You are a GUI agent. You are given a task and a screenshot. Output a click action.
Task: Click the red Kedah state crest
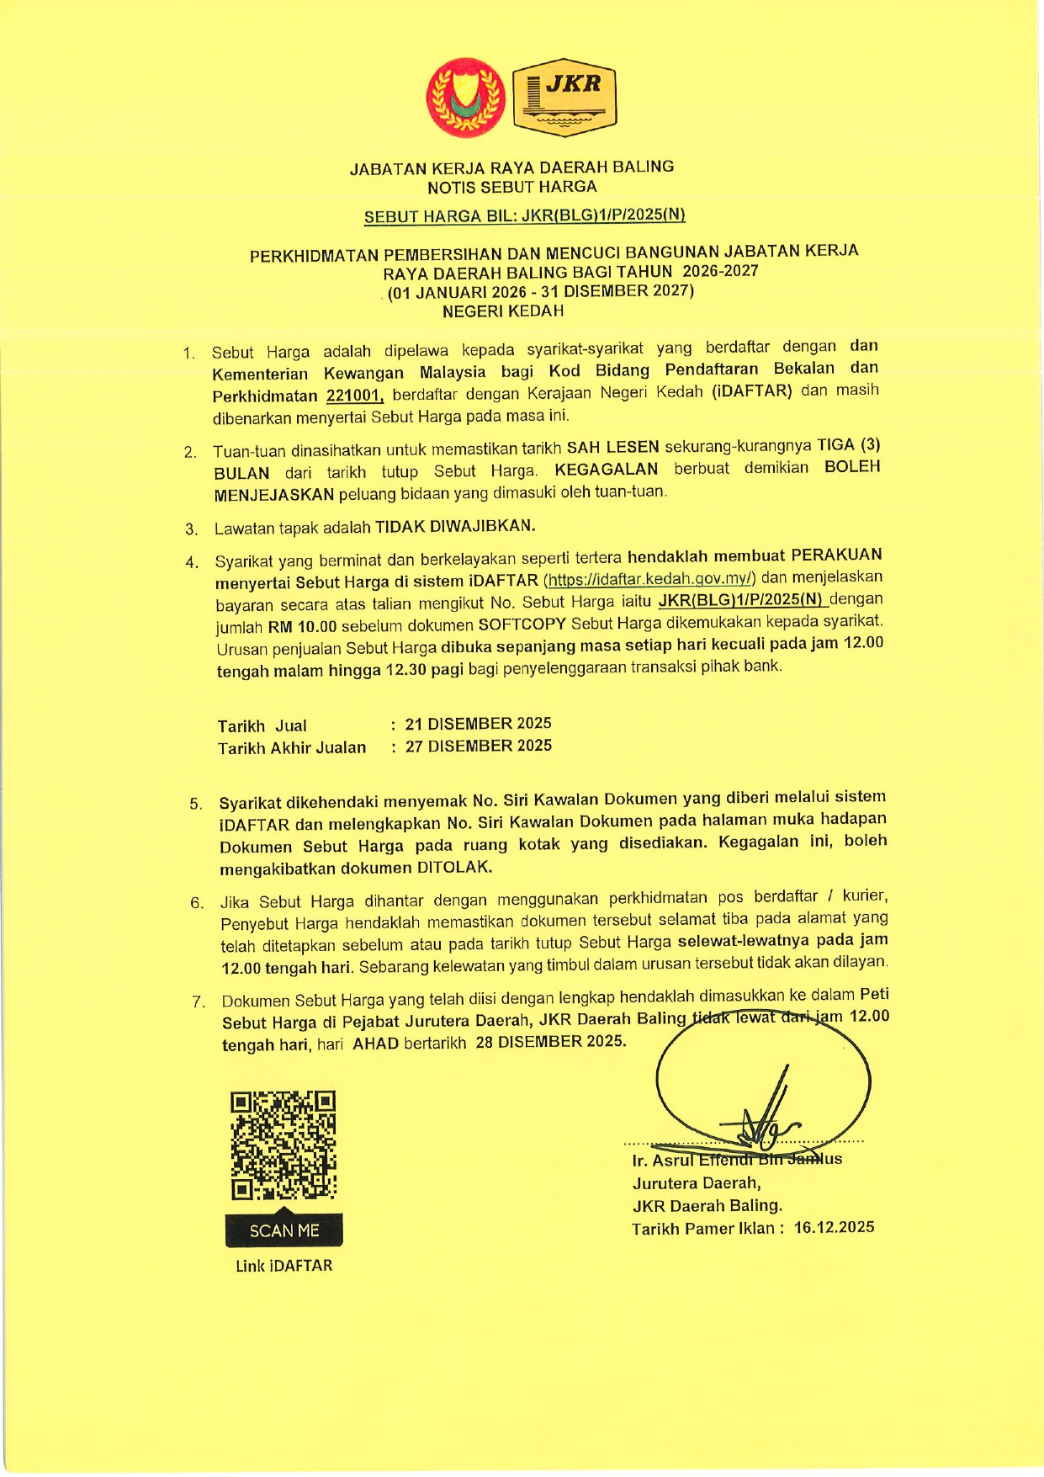pyautogui.click(x=465, y=97)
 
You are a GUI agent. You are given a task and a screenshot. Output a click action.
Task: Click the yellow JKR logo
pyautogui.click(x=564, y=97)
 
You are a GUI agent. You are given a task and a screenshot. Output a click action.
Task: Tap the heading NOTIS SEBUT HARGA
pyautogui.click(x=511, y=187)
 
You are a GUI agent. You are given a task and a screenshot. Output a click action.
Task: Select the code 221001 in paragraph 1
pyautogui.click(x=355, y=396)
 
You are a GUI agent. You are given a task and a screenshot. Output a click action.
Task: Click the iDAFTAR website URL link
pyautogui.click(x=650, y=579)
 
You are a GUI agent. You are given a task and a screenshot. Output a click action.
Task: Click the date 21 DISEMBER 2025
pyautogui.click(x=478, y=724)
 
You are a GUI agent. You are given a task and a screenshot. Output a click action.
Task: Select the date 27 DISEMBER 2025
pyautogui.click(x=478, y=746)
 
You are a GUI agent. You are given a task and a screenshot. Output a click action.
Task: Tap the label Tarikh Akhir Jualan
pyautogui.click(x=292, y=747)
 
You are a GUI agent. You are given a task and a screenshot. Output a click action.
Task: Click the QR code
pyautogui.click(x=284, y=1145)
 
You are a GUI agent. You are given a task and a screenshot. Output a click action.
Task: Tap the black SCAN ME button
pyautogui.click(x=284, y=1230)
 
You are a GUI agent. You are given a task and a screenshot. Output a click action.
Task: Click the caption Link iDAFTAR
pyautogui.click(x=284, y=1266)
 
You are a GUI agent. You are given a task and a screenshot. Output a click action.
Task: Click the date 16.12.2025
pyautogui.click(x=834, y=1227)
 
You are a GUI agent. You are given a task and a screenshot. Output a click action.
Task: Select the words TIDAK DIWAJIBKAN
pyautogui.click(x=454, y=527)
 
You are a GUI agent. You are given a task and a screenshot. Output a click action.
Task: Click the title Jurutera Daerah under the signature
pyautogui.click(x=697, y=1183)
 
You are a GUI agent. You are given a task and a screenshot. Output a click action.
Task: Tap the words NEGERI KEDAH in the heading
pyautogui.click(x=503, y=311)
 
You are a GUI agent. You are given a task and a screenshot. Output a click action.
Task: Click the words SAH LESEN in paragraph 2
pyautogui.click(x=612, y=447)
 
